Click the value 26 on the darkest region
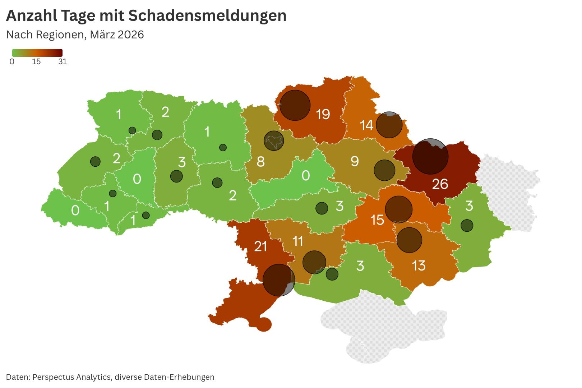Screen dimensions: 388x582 point(440,184)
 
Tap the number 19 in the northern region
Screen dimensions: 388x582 point(323,114)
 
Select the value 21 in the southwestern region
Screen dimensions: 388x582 point(260,246)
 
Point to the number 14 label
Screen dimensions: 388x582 point(366,125)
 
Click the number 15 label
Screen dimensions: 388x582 point(377,220)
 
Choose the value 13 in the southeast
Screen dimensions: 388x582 point(419,266)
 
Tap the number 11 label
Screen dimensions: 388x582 point(298,241)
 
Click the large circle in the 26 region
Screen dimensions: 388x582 point(430,156)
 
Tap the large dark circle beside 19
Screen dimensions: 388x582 point(295,105)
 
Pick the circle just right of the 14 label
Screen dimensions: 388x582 point(389,125)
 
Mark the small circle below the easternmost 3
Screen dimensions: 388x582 point(467,226)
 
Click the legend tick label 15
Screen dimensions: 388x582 point(36,61)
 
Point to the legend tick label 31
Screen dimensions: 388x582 point(63,61)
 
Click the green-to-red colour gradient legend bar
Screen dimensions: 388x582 point(37,53)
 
